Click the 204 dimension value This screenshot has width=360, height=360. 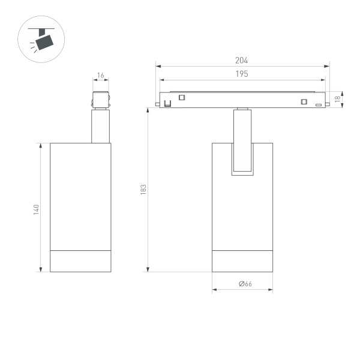[242, 61]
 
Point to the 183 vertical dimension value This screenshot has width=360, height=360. [143, 190]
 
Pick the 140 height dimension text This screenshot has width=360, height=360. [36, 210]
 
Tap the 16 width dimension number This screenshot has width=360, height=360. [100, 76]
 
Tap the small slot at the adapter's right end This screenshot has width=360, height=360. [319, 104]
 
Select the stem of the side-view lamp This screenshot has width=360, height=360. [101, 126]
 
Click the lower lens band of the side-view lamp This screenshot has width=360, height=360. [80, 259]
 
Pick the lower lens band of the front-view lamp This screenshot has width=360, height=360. [242, 259]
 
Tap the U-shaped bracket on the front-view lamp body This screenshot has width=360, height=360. [242, 160]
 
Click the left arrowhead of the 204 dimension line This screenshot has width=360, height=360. [157, 65]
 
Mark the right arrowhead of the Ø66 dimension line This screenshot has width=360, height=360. [271, 291]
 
